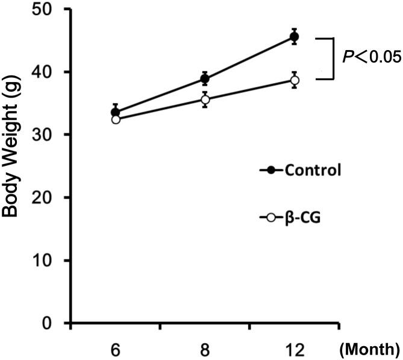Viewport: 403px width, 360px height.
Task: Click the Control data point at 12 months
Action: coord(294,37)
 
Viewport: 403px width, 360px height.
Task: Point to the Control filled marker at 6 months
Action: coord(116,112)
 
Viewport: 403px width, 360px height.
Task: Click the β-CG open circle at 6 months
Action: coord(116,119)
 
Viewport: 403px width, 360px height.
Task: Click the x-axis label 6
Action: coord(116,348)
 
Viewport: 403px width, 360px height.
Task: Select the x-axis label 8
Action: coord(205,348)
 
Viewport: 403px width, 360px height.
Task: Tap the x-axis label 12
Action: coord(294,348)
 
